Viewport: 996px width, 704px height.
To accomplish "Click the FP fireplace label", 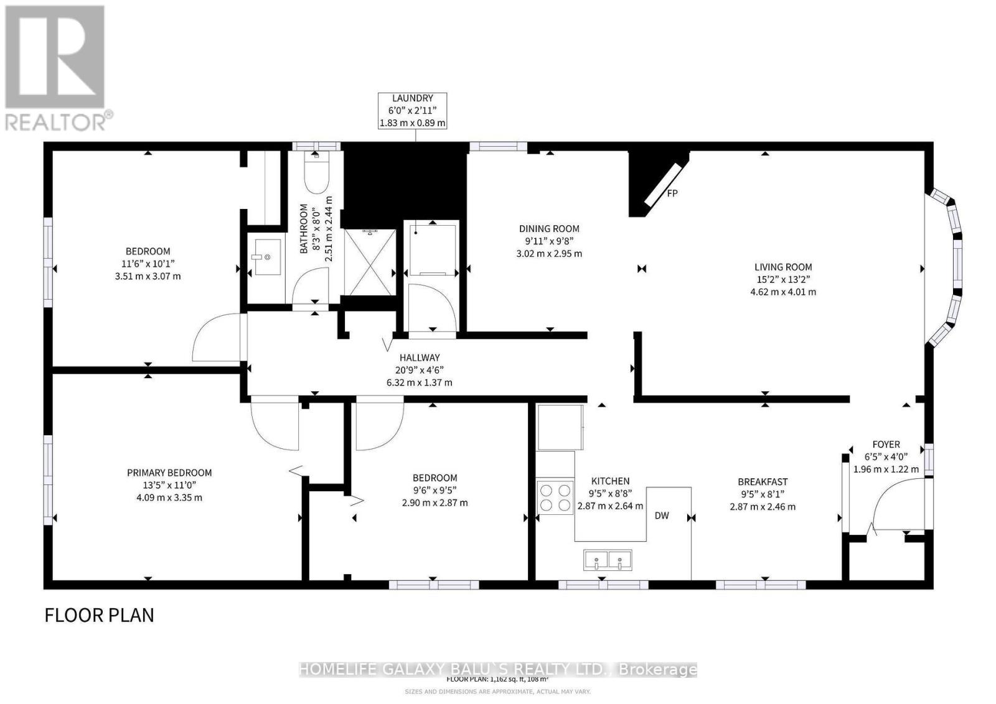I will (x=672, y=193).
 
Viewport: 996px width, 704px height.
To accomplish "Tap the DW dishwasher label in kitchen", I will (x=662, y=516).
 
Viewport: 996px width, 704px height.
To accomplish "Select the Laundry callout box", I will (x=413, y=111).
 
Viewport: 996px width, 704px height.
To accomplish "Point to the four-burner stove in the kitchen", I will (x=555, y=497).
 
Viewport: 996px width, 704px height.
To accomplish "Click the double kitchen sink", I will (x=608, y=560).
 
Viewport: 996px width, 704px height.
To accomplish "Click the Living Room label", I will (x=783, y=267).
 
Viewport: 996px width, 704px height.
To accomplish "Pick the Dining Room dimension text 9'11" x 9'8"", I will (x=549, y=241).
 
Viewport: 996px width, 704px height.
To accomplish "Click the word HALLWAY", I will (x=420, y=358).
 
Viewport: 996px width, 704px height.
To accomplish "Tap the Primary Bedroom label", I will (x=169, y=473).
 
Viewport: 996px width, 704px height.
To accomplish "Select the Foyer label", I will (x=886, y=444).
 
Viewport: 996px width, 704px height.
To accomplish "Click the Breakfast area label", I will (x=763, y=481).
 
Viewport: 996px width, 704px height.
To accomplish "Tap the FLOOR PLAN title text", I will (x=99, y=615).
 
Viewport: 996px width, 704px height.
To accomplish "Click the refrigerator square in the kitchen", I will (x=560, y=427).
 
